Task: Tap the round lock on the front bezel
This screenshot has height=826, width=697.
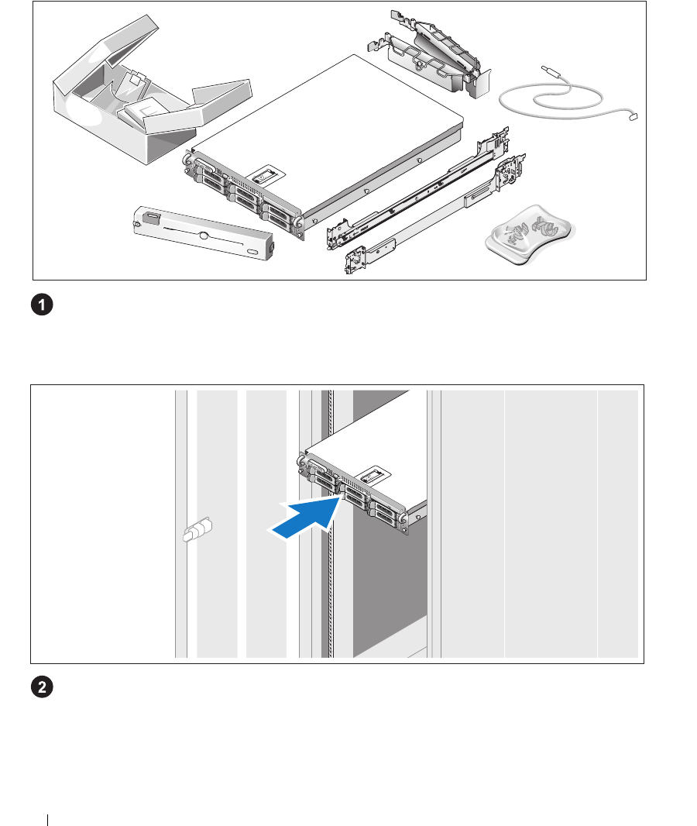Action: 202,233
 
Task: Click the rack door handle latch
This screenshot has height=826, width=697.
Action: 197,532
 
